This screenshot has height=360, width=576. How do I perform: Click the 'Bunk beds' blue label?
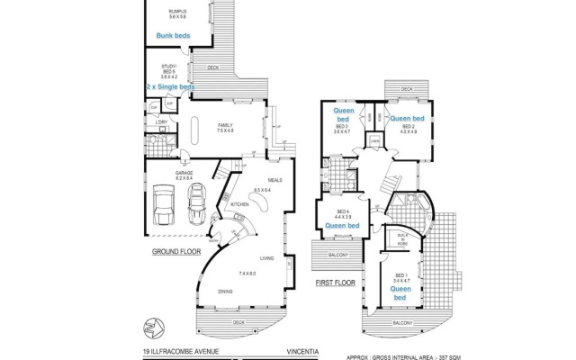click(x=173, y=35)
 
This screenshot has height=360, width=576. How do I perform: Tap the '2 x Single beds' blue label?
click(x=168, y=87)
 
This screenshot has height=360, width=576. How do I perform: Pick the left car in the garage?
click(x=165, y=205)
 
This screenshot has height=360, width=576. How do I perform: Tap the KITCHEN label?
click(x=240, y=204)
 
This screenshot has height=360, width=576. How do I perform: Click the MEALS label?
click(x=274, y=180)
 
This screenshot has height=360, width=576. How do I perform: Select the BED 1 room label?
click(x=400, y=277)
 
